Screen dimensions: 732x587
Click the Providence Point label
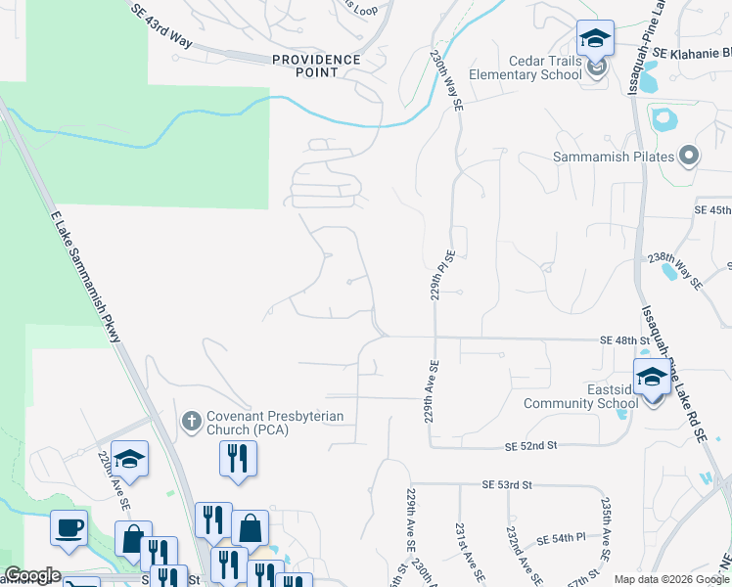[316, 66]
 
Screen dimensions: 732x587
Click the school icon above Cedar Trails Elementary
[595, 39]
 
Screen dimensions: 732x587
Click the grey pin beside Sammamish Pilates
[689, 156]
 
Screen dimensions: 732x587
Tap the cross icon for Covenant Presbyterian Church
[191, 423]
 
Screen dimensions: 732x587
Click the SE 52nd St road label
[530, 446]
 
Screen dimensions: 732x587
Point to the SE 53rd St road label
[507, 484]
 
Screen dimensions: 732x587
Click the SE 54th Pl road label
[561, 539]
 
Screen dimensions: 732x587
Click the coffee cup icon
[69, 528]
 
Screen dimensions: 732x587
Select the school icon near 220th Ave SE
[129, 459]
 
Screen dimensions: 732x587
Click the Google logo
[32, 575]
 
